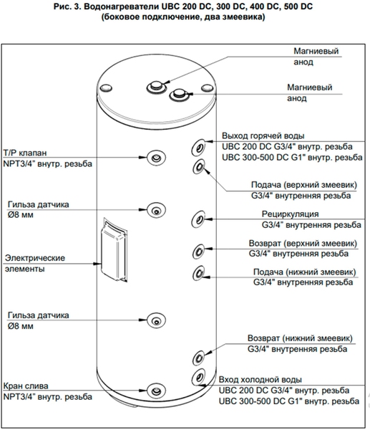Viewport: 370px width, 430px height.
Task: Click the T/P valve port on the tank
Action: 157,158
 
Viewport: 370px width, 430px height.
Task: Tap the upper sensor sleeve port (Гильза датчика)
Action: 157,210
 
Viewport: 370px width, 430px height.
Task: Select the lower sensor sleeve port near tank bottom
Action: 157,320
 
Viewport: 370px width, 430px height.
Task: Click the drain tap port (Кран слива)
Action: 157,391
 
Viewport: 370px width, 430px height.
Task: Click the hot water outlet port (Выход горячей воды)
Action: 198,148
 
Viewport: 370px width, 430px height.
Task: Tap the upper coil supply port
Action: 199,166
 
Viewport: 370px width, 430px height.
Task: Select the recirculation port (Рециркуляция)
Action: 198,219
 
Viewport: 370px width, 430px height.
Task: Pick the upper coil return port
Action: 198,251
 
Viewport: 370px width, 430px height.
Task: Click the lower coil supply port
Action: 199,273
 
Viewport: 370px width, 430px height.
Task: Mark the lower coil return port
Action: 198,358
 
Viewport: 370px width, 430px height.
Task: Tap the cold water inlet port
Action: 198,378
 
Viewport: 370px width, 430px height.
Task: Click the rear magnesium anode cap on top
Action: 157,87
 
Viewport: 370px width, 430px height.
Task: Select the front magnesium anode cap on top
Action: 179,95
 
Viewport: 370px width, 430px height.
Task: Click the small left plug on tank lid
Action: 106,87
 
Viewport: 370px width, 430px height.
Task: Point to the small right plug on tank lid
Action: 208,88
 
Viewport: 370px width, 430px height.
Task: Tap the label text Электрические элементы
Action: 35,263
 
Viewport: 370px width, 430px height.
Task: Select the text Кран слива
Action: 26,386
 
